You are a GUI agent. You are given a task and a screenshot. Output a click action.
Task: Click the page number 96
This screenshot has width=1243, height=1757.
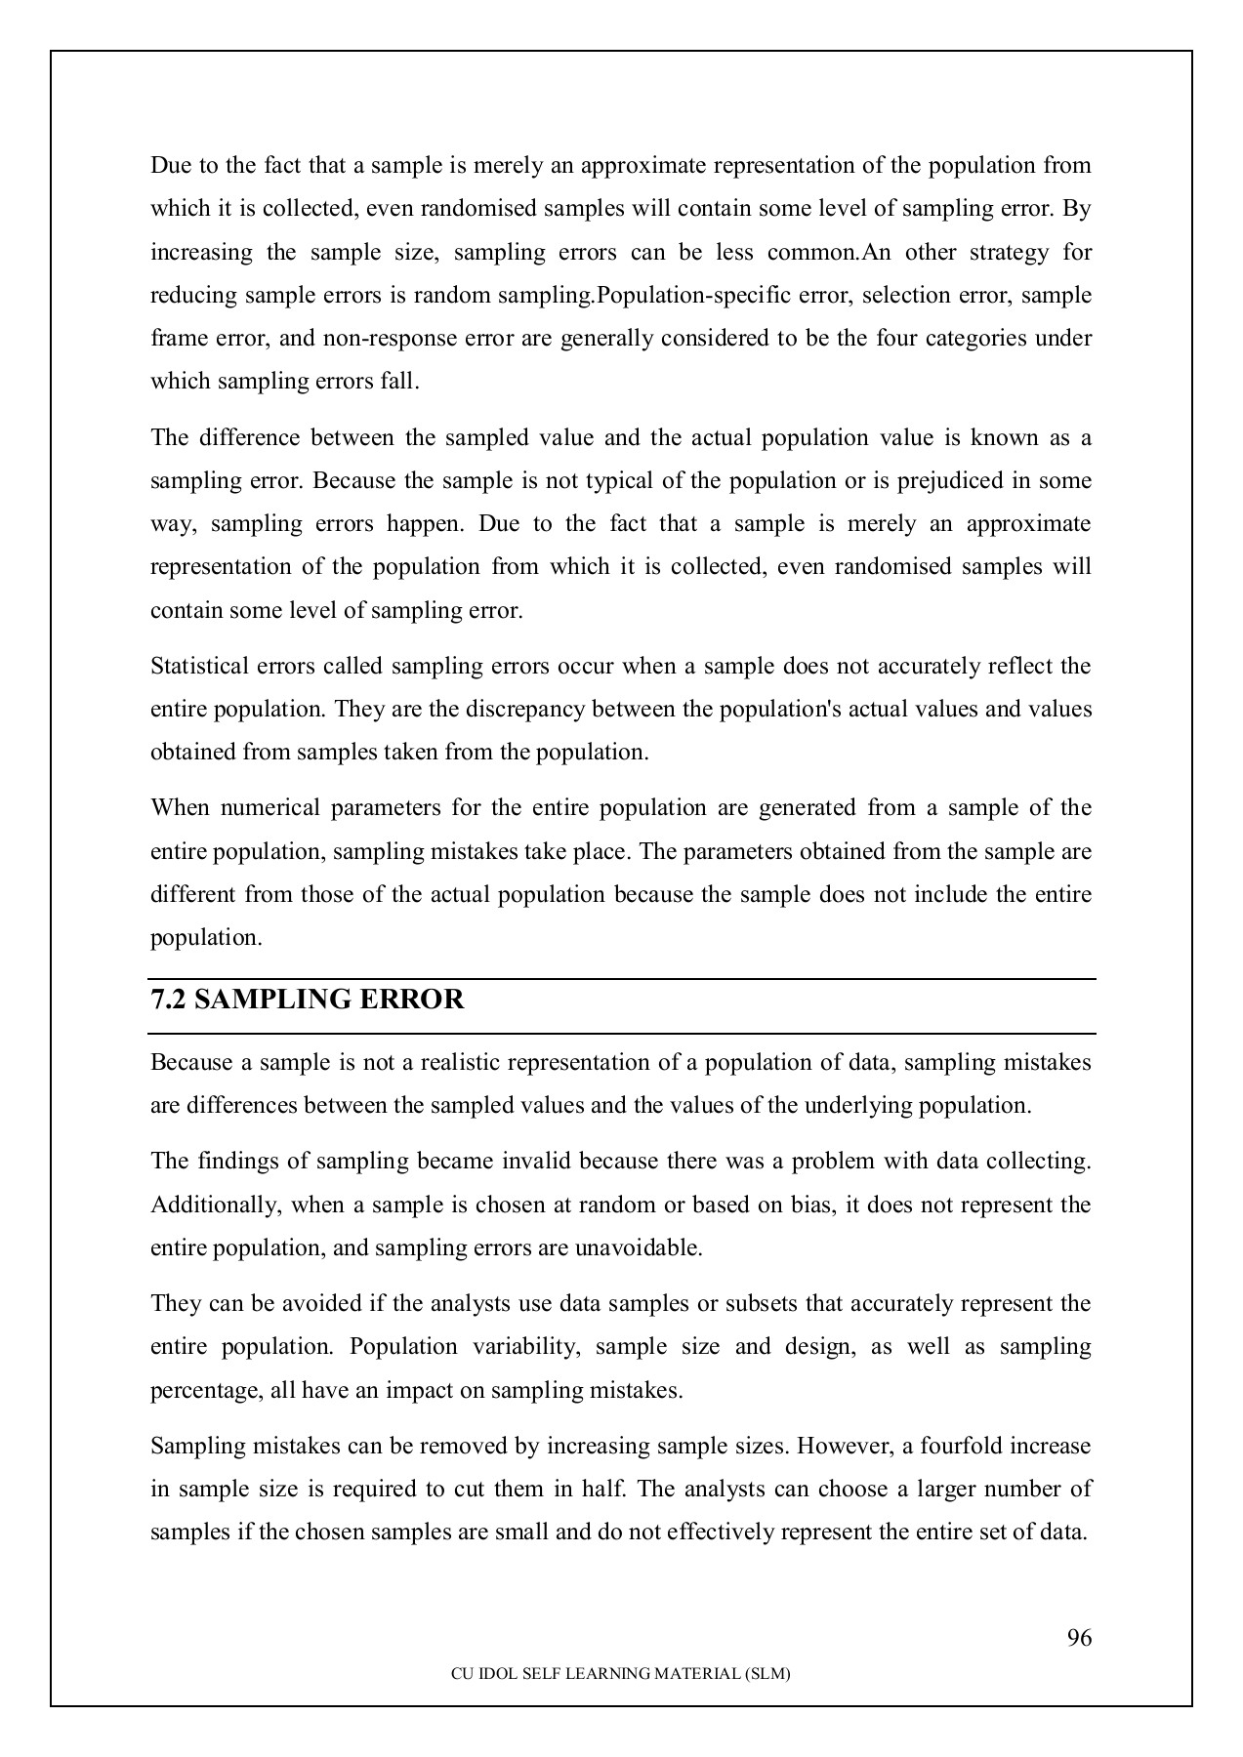coord(1079,1638)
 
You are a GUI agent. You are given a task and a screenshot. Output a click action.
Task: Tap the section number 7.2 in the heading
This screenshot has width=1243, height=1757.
coord(167,1001)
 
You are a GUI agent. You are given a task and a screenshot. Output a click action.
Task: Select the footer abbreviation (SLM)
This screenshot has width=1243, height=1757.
coord(767,1673)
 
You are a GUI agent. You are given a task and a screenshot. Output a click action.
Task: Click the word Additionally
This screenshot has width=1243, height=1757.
coord(213,1205)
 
